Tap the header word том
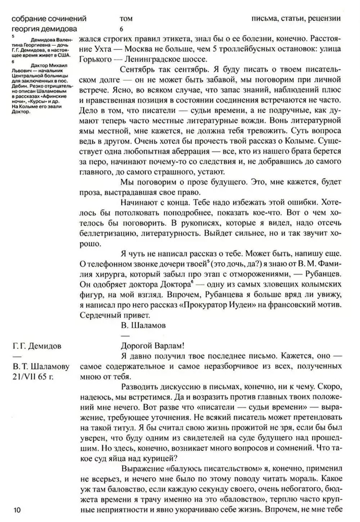pyautogui.click(x=126, y=19)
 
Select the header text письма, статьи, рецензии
pyautogui.click(x=296, y=18)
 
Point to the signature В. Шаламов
pyautogui.click(x=143, y=325)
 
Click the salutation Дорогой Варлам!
pyautogui.click(x=152, y=345)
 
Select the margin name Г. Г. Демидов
pyautogui.click(x=37, y=346)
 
